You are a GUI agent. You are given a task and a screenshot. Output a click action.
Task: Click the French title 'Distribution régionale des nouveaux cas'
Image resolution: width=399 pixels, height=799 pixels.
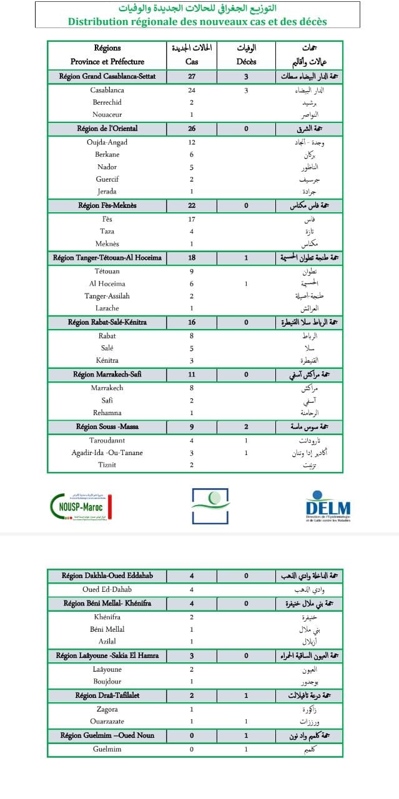tap(197, 21)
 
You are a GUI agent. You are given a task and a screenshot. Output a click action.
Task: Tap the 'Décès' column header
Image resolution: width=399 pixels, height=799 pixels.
tap(246, 61)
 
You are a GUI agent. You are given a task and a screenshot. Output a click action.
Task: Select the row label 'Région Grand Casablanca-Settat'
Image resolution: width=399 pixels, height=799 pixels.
tap(107, 77)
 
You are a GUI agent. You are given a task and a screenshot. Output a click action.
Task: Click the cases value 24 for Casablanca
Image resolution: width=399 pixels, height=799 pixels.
tap(192, 90)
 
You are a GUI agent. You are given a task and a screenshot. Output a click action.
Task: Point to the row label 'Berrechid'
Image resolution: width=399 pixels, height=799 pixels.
tap(107, 102)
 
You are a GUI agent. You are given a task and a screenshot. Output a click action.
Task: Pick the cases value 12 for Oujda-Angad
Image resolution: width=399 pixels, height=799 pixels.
tap(192, 142)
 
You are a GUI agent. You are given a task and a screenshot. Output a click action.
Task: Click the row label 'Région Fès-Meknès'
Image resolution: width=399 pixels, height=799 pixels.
tap(107, 205)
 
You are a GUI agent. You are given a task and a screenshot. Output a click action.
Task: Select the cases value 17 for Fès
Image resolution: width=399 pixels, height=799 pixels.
tap(192, 219)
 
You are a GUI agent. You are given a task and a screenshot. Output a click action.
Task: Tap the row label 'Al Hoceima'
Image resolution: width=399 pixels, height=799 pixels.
tap(107, 283)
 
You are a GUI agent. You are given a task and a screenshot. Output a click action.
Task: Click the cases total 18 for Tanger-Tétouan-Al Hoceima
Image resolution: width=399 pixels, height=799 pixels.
tap(192, 257)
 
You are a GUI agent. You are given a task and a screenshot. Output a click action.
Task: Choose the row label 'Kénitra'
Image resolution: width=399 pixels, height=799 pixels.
tap(107, 361)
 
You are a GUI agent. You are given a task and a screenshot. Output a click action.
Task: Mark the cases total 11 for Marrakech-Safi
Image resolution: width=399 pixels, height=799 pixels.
tap(192, 375)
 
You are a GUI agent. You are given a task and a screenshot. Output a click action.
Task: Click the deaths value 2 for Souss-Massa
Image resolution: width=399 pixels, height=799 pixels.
tap(246, 427)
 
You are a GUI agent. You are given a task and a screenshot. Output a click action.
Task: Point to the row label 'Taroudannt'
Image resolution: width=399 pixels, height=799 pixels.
tap(107, 439)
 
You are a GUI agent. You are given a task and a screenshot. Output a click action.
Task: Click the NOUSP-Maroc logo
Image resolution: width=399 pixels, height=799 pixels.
tap(81, 505)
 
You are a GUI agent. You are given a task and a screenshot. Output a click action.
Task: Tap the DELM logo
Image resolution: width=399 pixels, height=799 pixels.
tap(328, 506)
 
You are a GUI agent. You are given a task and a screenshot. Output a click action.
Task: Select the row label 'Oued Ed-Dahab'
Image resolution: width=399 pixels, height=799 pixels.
tap(107, 589)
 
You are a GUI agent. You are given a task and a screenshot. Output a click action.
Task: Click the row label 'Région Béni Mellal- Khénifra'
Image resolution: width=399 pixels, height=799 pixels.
tap(107, 604)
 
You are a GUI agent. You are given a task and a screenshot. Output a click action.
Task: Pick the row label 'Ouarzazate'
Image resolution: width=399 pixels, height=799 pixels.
tap(107, 722)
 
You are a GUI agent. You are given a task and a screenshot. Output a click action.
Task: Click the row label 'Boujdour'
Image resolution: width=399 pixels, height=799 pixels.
tap(107, 681)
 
